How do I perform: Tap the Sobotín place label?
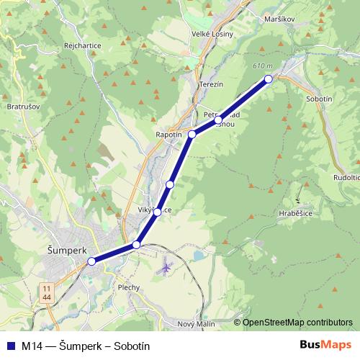(x=319, y=99)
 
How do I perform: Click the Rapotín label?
(x=169, y=134)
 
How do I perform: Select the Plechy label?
(x=128, y=286)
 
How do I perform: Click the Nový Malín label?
(x=197, y=324)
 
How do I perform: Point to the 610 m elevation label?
(x=263, y=66)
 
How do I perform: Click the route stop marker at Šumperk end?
(x=91, y=262)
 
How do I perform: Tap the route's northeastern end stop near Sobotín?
(x=268, y=78)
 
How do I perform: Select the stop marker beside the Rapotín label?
(x=192, y=135)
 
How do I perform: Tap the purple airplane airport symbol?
(x=166, y=268)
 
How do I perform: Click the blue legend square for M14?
(x=10, y=346)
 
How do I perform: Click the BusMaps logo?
(x=325, y=346)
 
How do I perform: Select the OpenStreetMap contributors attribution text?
(x=297, y=323)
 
